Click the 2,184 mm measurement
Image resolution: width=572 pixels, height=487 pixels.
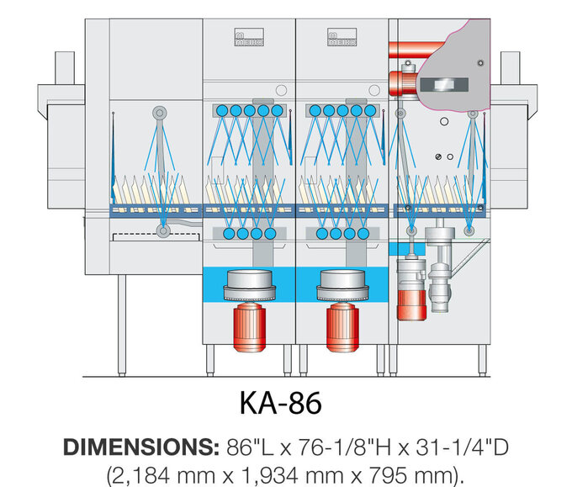click(160, 473)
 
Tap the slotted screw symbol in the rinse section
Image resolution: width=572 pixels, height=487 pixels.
click(437, 156)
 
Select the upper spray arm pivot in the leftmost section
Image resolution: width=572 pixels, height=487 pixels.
click(158, 112)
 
